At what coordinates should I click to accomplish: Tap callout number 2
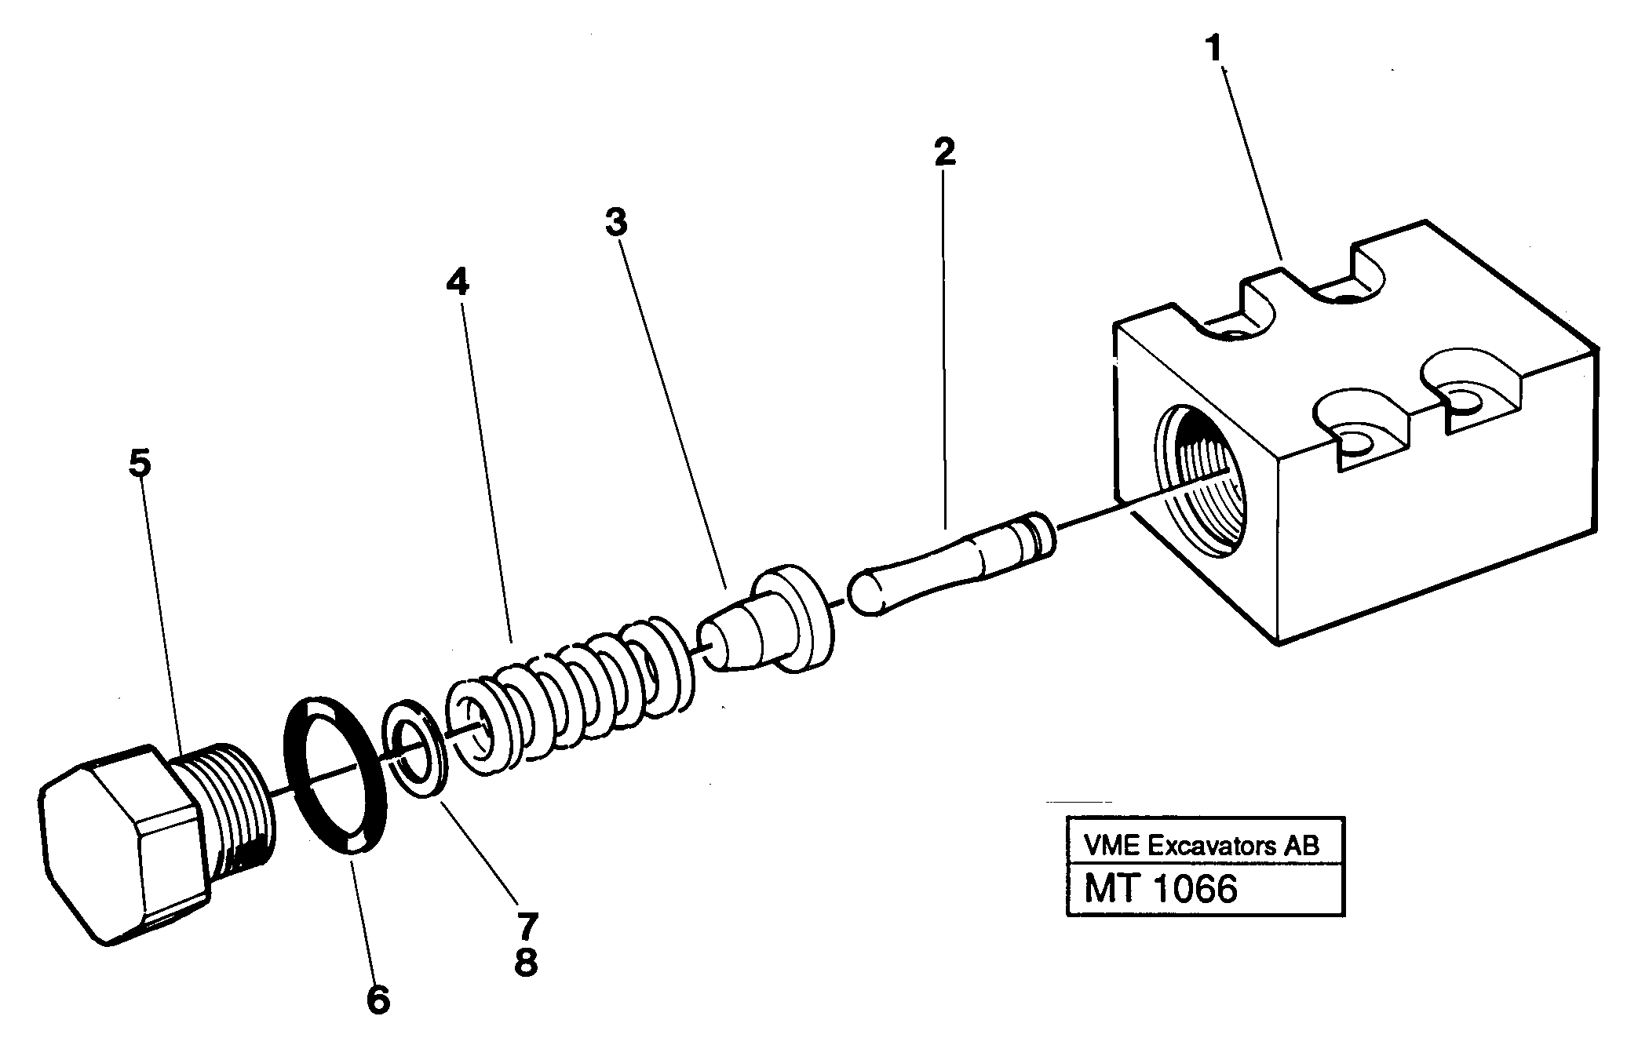(x=945, y=151)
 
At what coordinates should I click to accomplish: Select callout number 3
(x=617, y=223)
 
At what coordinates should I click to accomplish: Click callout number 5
(x=139, y=464)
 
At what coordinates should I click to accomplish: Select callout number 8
(x=526, y=962)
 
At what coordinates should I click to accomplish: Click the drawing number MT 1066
(x=1160, y=889)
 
